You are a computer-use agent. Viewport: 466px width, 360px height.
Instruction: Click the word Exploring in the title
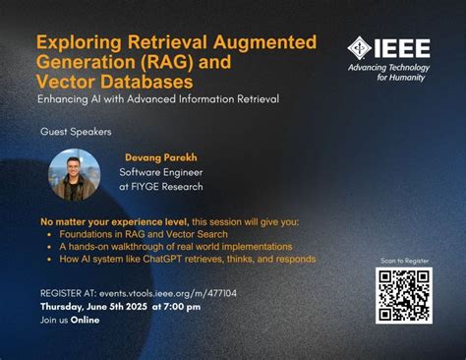75,42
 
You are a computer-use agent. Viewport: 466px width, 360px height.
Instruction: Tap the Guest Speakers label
76,131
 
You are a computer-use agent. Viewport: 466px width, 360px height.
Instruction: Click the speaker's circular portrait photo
75,174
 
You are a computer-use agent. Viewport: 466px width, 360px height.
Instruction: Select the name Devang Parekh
160,157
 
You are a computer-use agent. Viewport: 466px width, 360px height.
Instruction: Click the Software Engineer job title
160,172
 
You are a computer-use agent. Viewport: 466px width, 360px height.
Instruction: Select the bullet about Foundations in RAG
144,234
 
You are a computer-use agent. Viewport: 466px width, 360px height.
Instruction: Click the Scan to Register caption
403,261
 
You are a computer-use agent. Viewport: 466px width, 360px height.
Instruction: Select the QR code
403,295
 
